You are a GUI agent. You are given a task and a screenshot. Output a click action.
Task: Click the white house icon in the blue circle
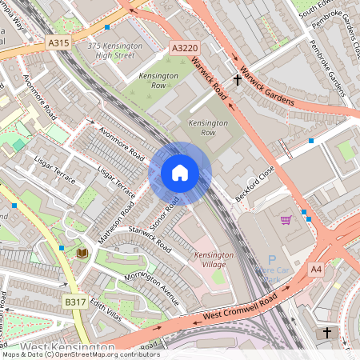click(x=180, y=173)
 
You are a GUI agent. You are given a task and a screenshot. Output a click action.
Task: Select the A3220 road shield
click(x=183, y=50)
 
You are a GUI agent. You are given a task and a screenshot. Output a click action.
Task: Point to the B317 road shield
click(x=75, y=302)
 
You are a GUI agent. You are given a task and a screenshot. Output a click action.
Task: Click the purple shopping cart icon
click(x=286, y=219)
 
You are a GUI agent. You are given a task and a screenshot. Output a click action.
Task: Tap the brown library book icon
click(x=81, y=254)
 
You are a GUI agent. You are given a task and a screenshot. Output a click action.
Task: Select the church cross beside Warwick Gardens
click(x=237, y=79)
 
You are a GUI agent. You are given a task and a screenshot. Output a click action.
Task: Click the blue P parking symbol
click(x=271, y=260)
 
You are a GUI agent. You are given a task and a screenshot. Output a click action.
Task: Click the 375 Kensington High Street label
click(x=115, y=50)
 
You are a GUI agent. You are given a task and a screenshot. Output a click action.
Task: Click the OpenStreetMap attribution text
click(x=80, y=354)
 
